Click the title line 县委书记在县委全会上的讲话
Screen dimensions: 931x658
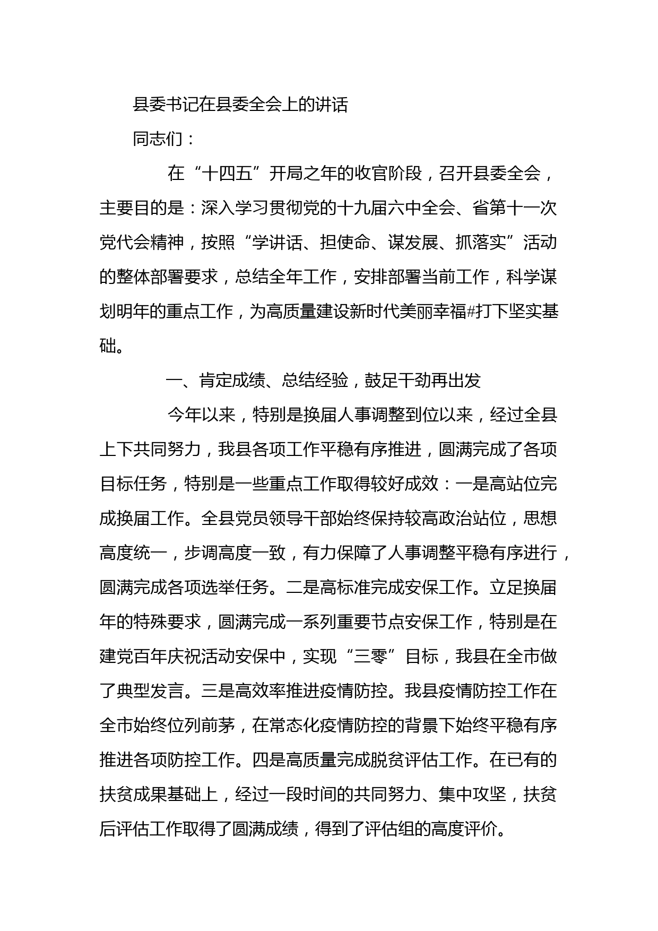click(240, 105)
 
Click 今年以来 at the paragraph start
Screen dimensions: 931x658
click(201, 415)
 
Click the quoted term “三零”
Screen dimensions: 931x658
click(370, 657)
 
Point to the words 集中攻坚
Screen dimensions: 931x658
click(472, 795)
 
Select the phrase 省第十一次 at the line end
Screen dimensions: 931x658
click(515, 209)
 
